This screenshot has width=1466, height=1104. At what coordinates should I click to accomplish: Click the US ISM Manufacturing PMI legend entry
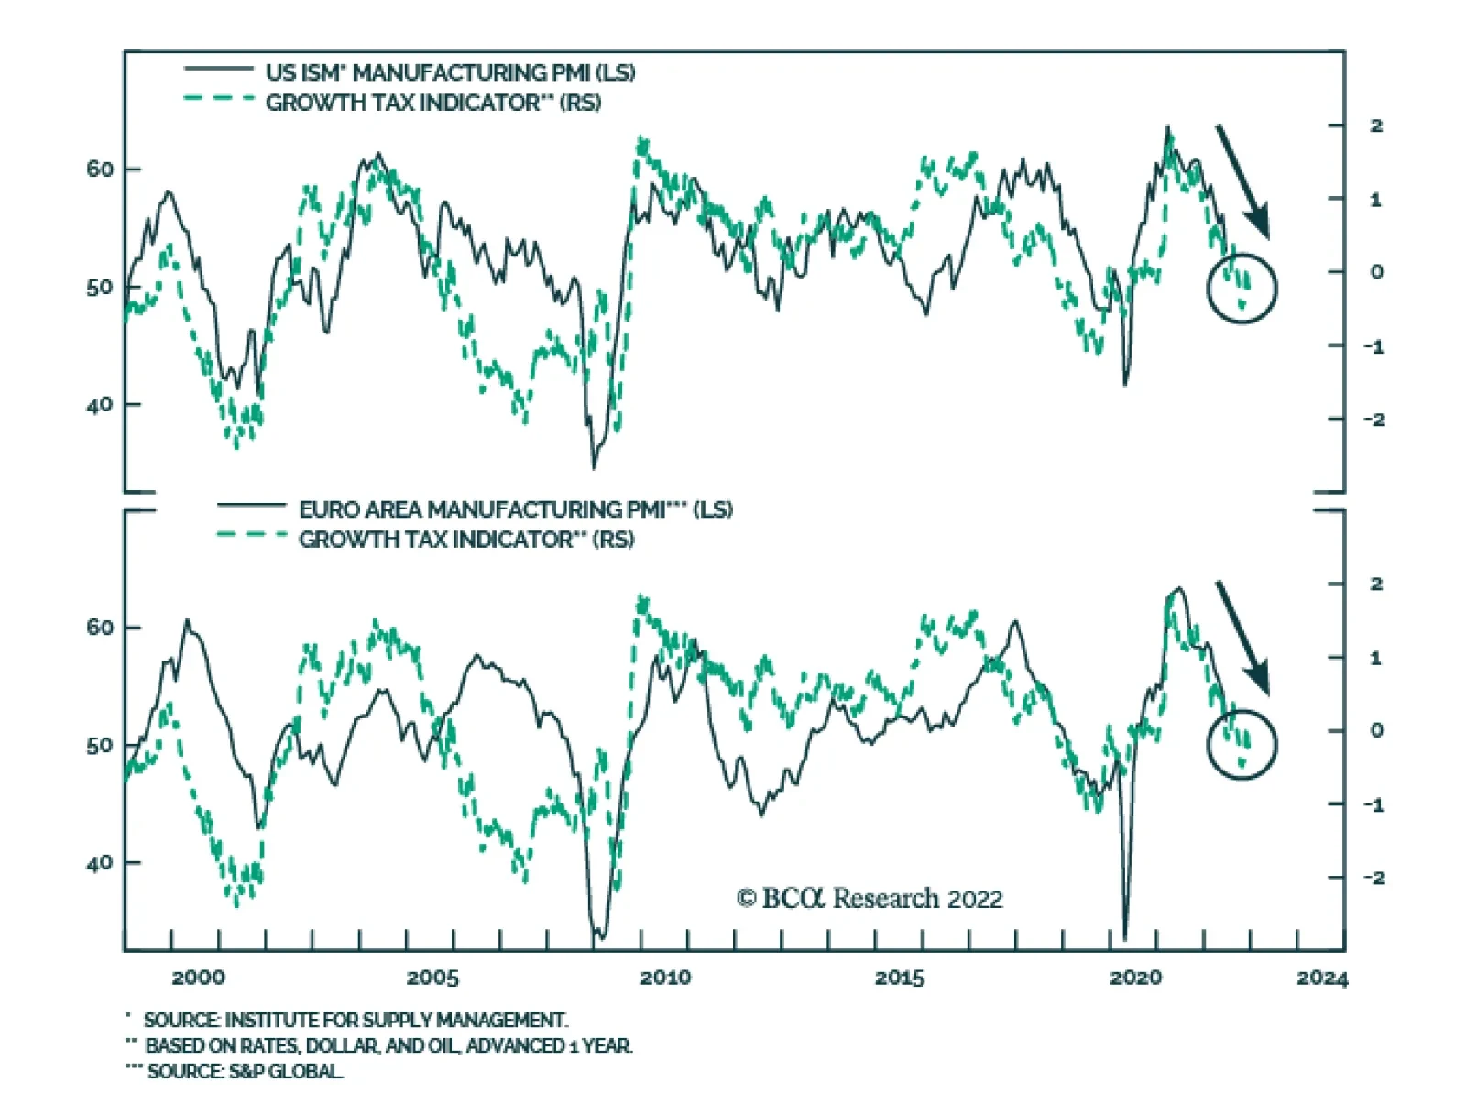pos(450,72)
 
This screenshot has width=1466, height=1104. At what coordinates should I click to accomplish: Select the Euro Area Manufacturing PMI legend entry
pos(515,509)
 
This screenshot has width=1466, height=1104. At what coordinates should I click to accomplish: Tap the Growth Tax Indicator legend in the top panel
pos(432,103)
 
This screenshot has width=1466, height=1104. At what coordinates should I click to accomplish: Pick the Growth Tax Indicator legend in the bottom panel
pos(465,540)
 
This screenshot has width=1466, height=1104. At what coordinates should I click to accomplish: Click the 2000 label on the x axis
pos(198,978)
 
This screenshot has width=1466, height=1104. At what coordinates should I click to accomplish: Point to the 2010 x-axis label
pos(666,978)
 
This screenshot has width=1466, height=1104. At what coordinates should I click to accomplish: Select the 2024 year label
pos(1322,978)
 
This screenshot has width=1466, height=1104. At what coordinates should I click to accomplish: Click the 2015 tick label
pos(900,978)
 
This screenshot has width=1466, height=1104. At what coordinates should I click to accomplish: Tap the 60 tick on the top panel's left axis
pos(100,169)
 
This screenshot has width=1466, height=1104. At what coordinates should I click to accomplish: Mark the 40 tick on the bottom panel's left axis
pos(100,863)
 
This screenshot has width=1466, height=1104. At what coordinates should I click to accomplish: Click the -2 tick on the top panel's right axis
pos(1373,420)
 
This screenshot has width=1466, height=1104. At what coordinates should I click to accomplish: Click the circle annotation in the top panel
pos(1242,288)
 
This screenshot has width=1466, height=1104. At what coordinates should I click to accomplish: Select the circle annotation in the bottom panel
pos(1242,744)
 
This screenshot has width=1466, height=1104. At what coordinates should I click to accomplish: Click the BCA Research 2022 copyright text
pos(870,899)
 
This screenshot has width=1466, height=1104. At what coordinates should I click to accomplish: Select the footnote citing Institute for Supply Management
pos(356,1020)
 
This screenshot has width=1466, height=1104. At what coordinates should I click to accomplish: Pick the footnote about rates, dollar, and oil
pos(388,1045)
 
